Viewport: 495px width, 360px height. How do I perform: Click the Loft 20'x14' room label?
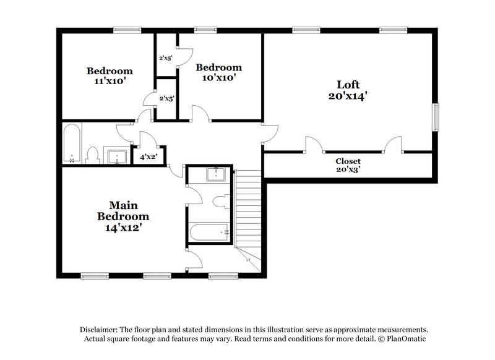coord(348,90)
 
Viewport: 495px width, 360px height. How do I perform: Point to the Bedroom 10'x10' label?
coord(218,73)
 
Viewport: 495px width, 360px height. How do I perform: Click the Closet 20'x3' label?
coord(348,165)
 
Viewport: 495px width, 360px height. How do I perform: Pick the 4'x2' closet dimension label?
coord(148,157)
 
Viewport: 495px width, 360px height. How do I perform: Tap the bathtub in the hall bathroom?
coord(72,144)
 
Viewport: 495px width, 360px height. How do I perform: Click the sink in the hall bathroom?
coord(116,157)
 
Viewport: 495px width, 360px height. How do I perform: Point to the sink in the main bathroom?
coord(215,174)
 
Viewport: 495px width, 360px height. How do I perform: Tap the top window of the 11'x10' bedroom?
coord(126,29)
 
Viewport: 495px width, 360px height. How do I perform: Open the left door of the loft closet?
coord(314,146)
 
